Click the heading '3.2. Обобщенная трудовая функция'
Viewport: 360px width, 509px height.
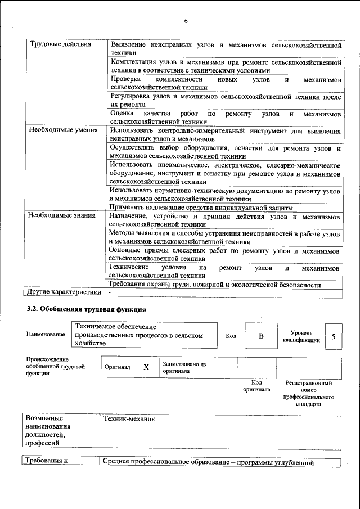point(87,309)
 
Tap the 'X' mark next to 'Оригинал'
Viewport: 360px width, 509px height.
point(146,367)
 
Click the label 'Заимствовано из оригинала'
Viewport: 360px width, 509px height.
point(184,367)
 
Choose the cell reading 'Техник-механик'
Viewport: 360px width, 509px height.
point(129,419)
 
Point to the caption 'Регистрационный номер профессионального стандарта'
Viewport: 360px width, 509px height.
point(308,393)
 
